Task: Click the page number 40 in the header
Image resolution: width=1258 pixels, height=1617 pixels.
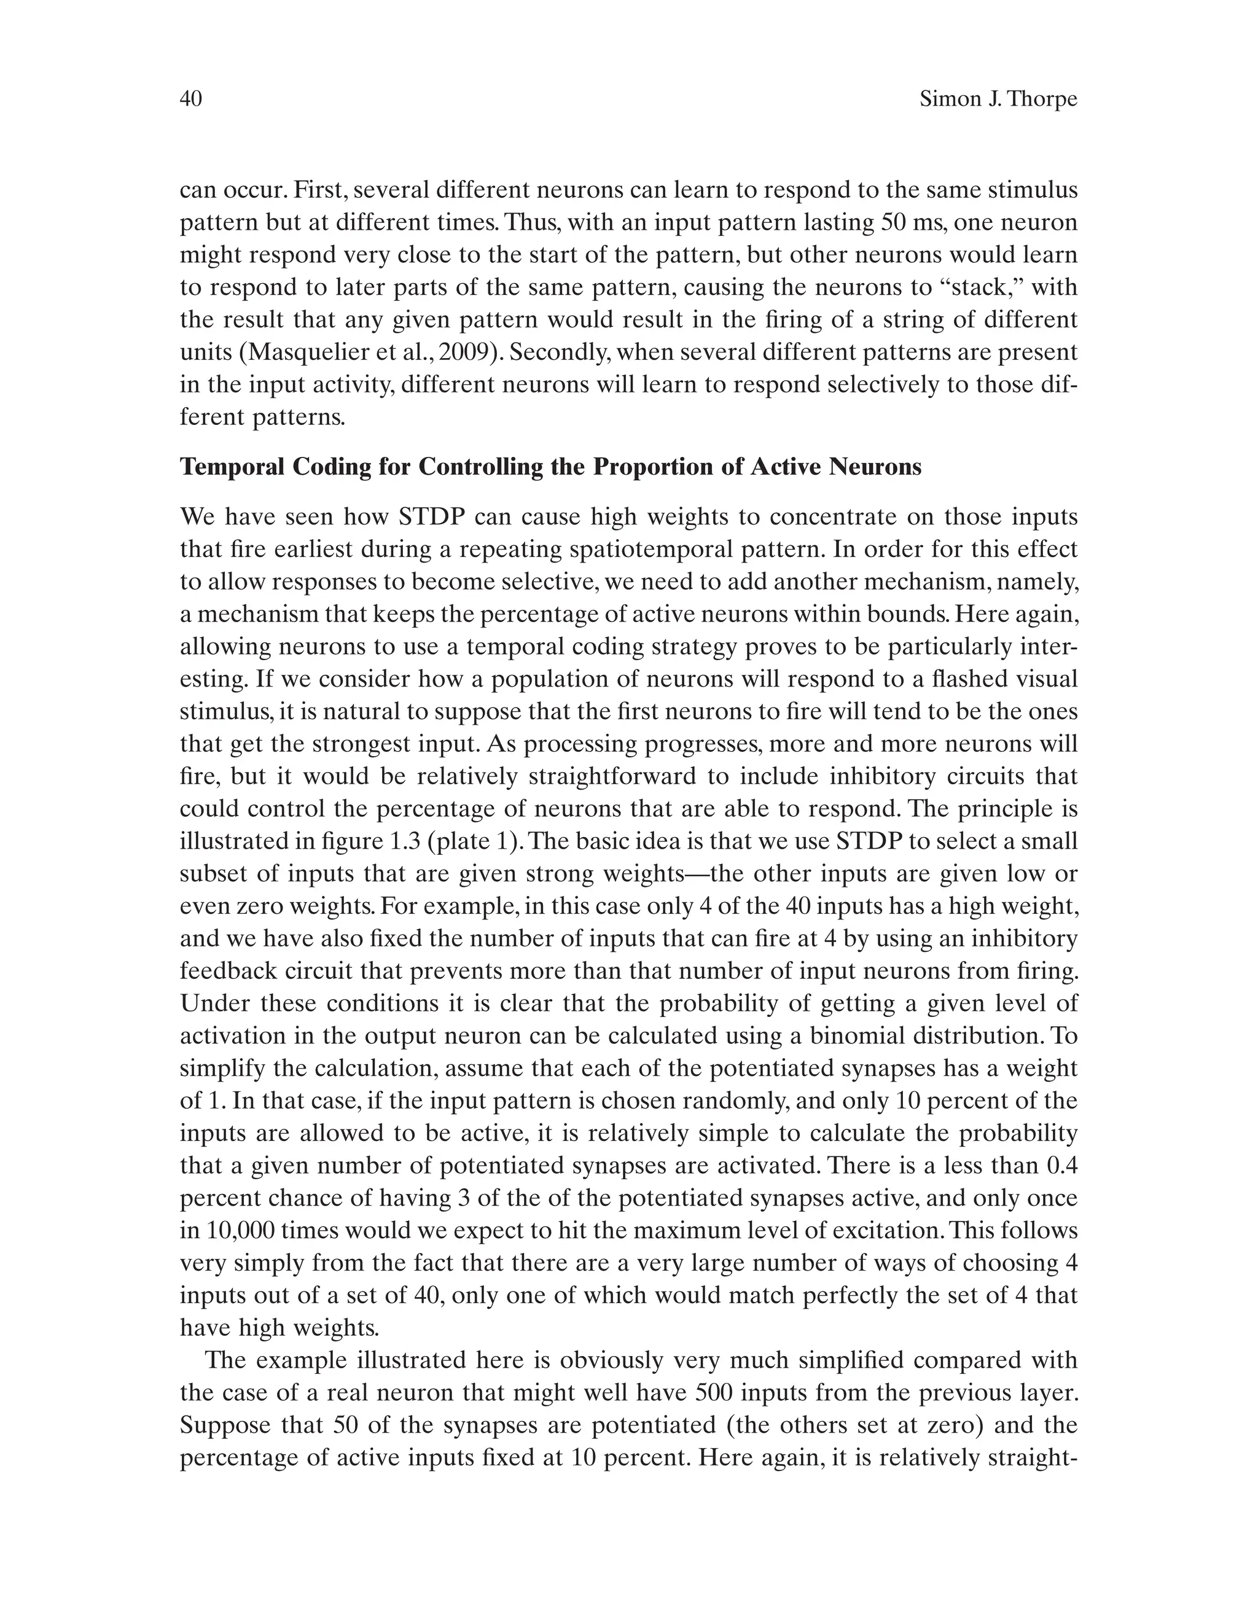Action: pos(191,99)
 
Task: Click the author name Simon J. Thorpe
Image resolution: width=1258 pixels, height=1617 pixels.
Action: pos(998,99)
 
